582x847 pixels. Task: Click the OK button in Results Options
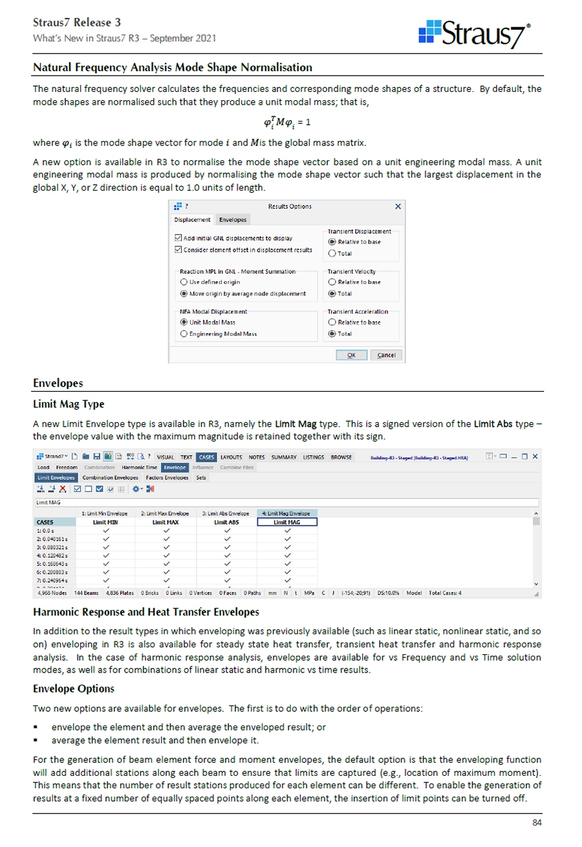pos(351,355)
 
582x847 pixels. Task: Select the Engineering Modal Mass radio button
pos(184,334)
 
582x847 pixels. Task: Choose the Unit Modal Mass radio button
pos(184,322)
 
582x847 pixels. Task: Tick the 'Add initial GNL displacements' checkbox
pos(179,238)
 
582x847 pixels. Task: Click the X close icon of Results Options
pos(398,206)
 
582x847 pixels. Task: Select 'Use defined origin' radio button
pos(184,282)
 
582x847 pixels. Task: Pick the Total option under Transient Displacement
pos(332,253)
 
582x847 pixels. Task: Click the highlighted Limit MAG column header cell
pos(287,522)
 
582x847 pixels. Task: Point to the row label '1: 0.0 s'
pos(47,530)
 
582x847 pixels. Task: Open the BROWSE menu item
pos(341,457)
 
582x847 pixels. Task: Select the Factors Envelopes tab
pos(167,477)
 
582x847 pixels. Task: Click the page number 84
pos(536,822)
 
